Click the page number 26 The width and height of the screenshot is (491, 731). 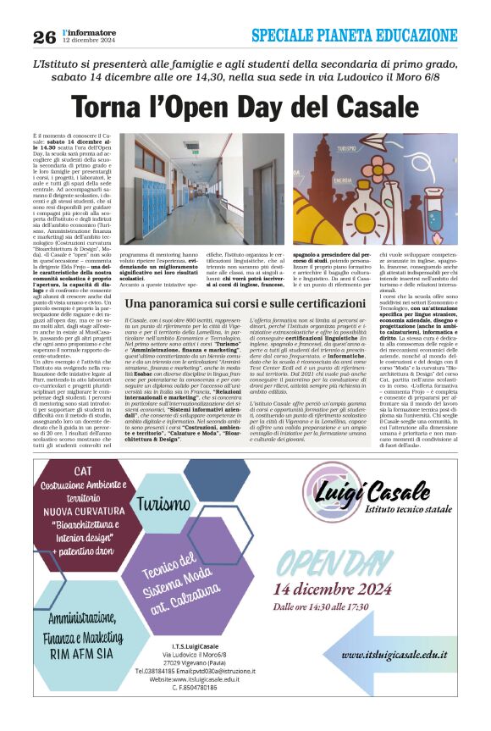point(44,36)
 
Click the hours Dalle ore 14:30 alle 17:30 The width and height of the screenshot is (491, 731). point(320,606)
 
